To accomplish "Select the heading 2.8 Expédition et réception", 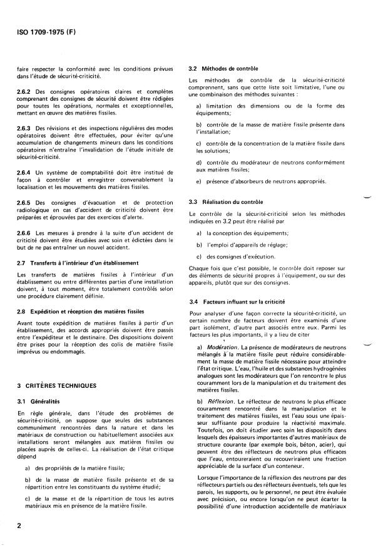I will click(x=81, y=311).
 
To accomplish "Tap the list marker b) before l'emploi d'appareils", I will click(x=199, y=245).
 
